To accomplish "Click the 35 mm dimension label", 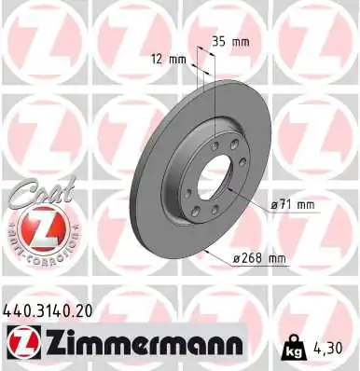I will coord(229,42).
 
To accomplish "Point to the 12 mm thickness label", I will coord(167,59).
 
